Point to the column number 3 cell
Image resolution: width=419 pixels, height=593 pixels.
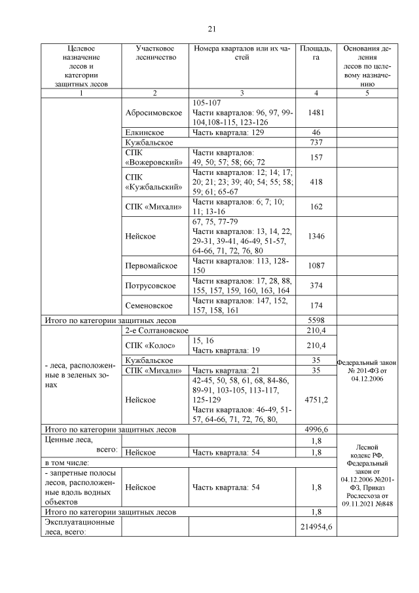[x=242, y=93]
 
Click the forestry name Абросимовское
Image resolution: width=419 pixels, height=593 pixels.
[x=154, y=112]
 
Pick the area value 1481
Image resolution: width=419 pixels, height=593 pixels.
[x=316, y=112]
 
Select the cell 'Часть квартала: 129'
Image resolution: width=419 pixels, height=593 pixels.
[x=225, y=132]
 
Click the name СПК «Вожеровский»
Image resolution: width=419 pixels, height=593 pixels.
[x=149, y=158]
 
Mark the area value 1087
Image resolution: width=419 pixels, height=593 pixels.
[x=316, y=266]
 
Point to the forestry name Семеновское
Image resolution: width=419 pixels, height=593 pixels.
[x=149, y=305]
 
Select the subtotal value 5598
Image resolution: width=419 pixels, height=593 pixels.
[x=316, y=320]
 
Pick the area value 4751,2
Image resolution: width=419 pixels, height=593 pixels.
[x=316, y=398]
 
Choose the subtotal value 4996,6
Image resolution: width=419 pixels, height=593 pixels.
[x=316, y=429]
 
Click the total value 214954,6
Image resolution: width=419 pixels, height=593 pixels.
[x=316, y=527]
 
